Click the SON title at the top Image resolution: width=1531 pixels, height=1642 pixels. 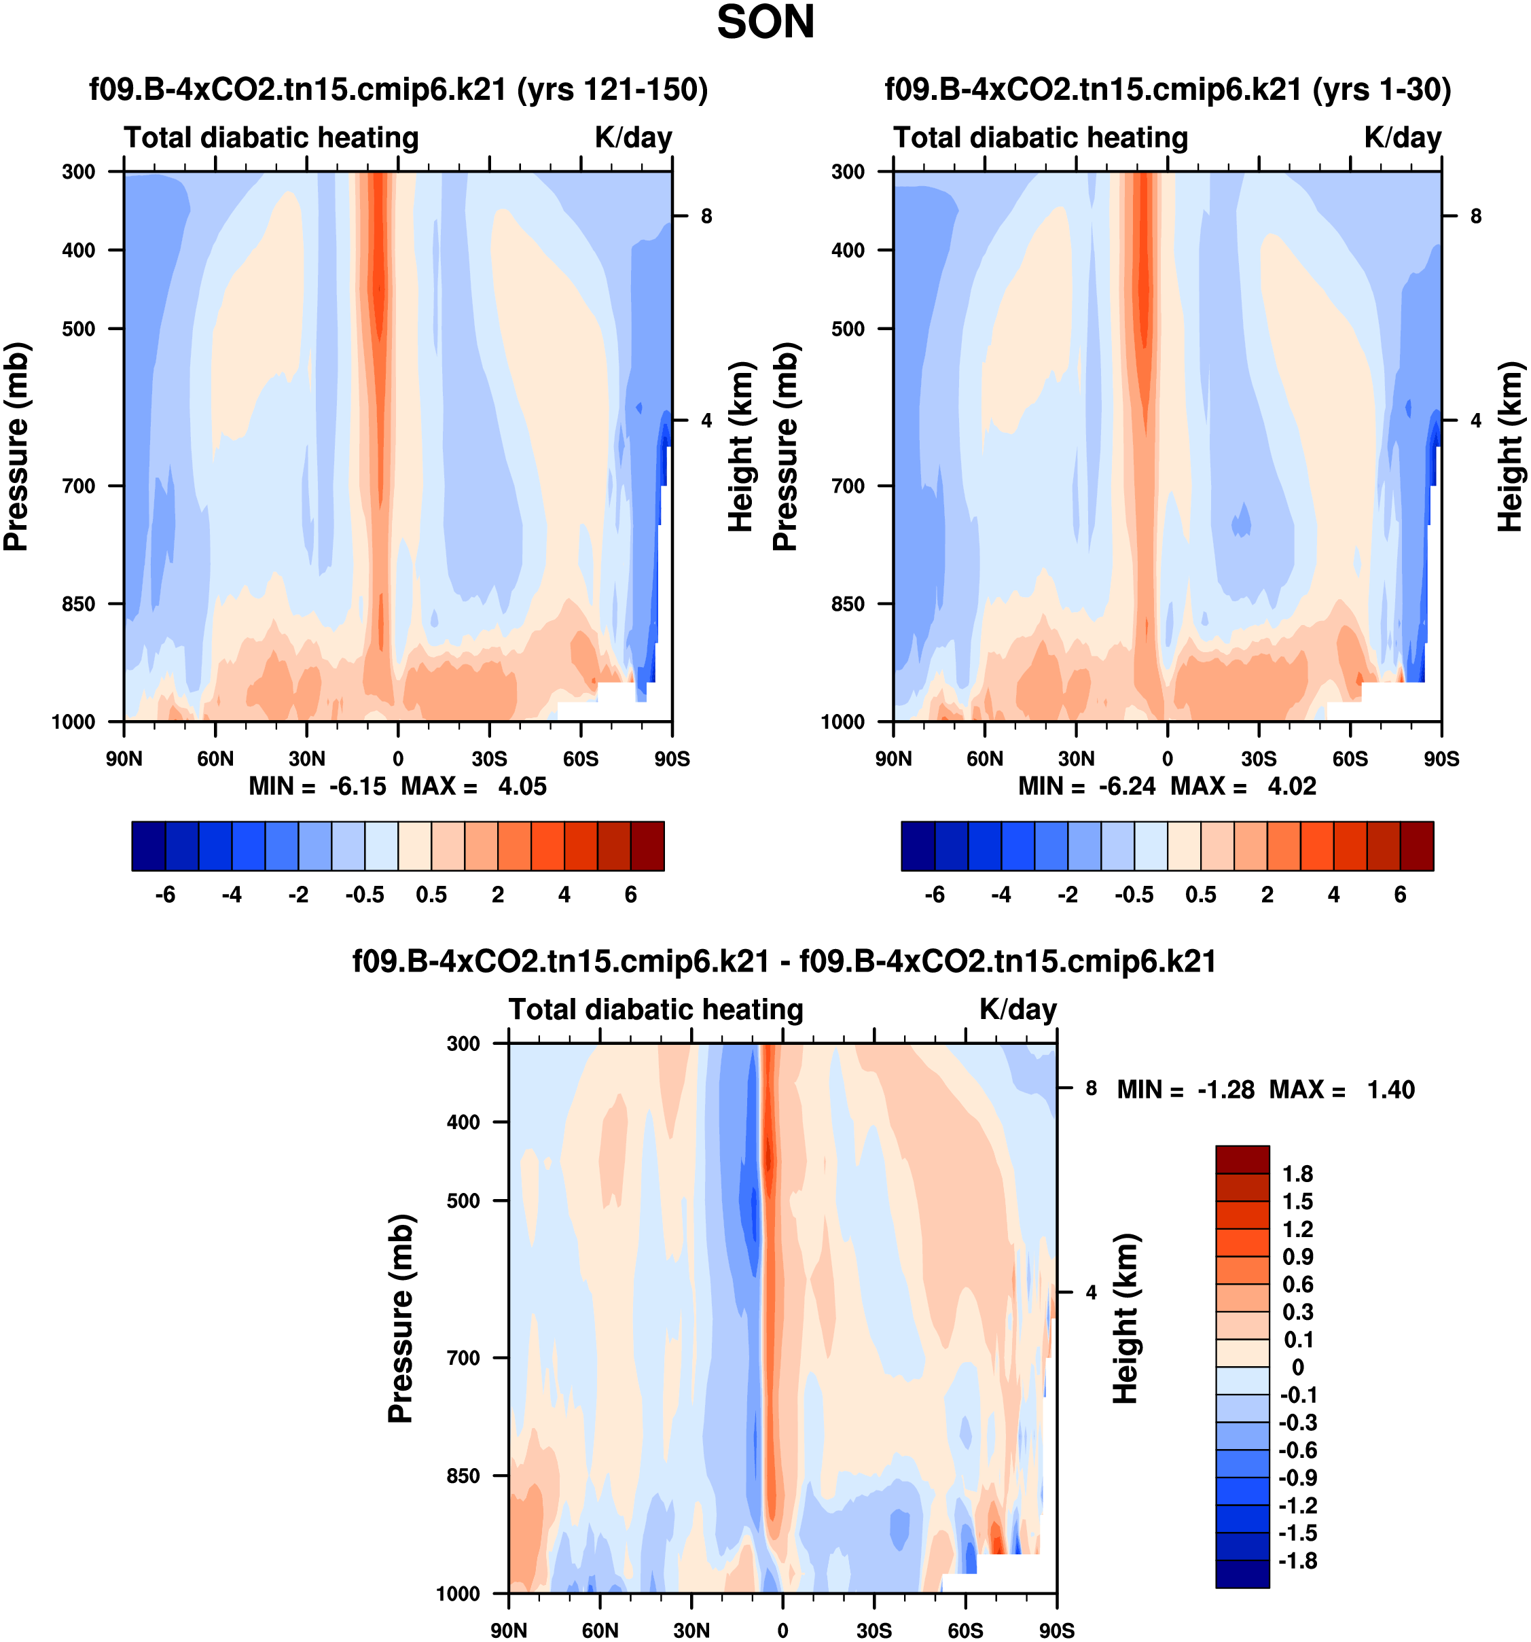click(765, 22)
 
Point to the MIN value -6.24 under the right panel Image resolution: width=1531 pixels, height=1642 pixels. click(1126, 786)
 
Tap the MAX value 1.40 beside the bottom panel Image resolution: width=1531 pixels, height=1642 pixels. click(1390, 1090)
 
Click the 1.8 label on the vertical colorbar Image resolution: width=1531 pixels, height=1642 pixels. click(1297, 1174)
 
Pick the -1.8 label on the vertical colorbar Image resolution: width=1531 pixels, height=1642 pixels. click(1297, 1560)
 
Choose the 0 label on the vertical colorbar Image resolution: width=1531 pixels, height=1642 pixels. click(1297, 1367)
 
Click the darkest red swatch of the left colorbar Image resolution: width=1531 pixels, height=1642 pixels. click(647, 846)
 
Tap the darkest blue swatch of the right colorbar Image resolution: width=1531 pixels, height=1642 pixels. click(918, 846)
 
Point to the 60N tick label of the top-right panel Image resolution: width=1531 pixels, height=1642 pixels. click(984, 759)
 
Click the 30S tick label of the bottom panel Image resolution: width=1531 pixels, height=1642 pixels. click(873, 1630)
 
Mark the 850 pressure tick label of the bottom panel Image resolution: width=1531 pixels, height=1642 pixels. click(463, 1475)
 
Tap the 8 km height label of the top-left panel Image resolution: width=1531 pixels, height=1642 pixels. click(706, 217)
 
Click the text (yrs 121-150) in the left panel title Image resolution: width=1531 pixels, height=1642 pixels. click(612, 89)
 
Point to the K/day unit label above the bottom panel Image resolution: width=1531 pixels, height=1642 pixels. click(1017, 1010)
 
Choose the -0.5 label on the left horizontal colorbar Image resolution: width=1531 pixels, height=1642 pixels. click(365, 895)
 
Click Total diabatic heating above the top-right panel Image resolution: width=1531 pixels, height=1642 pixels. click(1041, 137)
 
